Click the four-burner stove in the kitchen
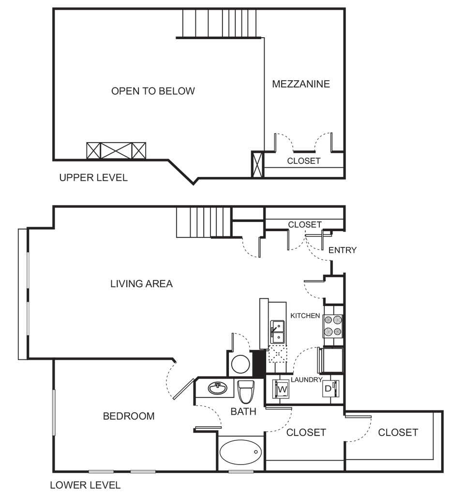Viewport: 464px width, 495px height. [333, 325]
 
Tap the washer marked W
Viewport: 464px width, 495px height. [282, 388]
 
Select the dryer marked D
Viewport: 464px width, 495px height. [330, 388]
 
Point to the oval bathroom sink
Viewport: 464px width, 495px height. [218, 388]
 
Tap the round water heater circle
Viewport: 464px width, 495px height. [239, 363]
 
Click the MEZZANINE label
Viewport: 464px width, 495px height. [301, 84]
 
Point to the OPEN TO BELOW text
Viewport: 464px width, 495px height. [153, 91]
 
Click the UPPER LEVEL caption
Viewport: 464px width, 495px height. [93, 178]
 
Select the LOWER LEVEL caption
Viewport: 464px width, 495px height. [85, 484]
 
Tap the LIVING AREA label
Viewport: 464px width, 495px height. [141, 284]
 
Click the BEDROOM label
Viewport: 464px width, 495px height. [128, 416]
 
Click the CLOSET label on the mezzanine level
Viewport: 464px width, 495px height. [304, 161]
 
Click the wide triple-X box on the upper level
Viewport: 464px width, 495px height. [116, 150]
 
